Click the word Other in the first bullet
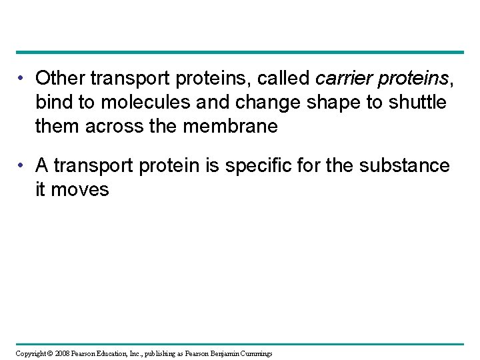pos(61,79)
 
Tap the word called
pos(283,79)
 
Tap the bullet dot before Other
pos(23,79)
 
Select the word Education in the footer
pos(111,353)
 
